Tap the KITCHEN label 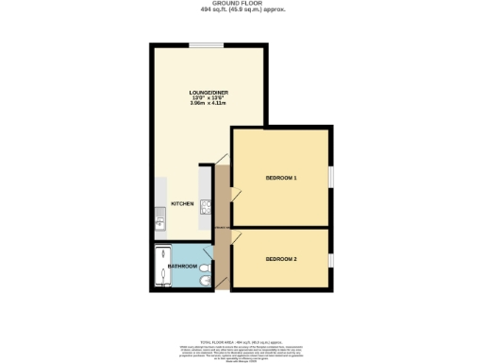[x=182, y=204]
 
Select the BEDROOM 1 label [x=281, y=178]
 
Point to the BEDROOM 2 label [x=281, y=259]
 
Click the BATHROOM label [x=182, y=267]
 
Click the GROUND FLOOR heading [x=242, y=4]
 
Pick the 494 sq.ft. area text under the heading [x=242, y=9]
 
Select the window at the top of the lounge [x=207, y=44]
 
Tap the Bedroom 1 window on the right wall [x=330, y=177]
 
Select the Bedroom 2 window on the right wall [x=330, y=259]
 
